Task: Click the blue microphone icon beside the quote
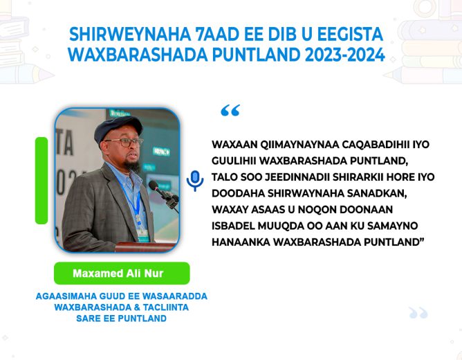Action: [195, 181]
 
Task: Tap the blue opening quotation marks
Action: [230, 110]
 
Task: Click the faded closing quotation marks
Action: [418, 313]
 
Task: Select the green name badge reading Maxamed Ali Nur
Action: [122, 273]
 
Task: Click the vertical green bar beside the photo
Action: [41, 181]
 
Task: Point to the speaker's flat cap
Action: [118, 127]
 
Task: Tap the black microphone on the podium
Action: [163, 195]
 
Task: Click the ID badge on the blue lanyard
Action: [142, 235]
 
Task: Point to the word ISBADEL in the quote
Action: [233, 226]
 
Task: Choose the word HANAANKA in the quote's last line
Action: [241, 242]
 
